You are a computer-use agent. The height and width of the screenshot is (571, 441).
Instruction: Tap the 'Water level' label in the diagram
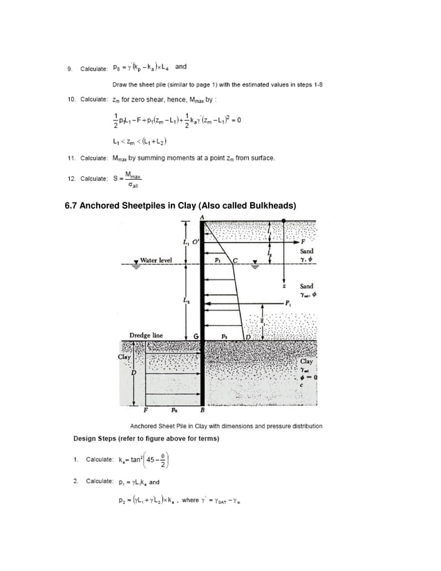click(x=156, y=261)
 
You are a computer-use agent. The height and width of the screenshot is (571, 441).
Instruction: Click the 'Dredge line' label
click(x=146, y=335)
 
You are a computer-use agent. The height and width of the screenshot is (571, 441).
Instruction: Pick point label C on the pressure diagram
click(x=235, y=261)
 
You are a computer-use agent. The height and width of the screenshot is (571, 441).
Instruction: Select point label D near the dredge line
click(x=248, y=336)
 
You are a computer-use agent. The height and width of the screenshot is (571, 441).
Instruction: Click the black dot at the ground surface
click(x=285, y=221)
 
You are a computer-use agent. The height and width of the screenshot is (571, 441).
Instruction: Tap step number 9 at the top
click(x=69, y=68)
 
